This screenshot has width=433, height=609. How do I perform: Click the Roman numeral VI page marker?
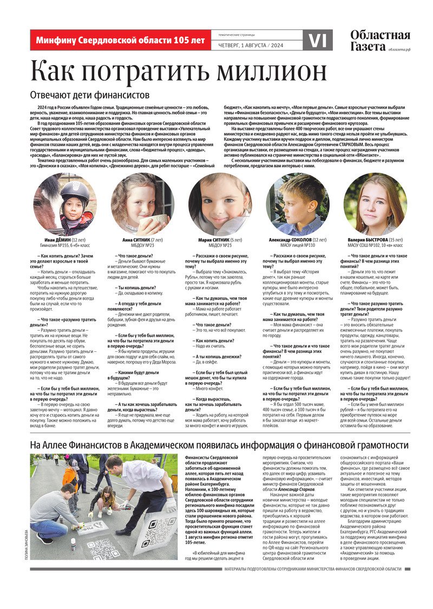coord(318,40)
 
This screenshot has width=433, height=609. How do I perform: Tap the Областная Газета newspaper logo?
coord(379,41)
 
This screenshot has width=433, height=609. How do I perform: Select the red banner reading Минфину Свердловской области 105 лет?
coord(120,40)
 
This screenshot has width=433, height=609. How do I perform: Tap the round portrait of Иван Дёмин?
coord(65,204)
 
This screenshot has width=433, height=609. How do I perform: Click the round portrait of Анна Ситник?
coord(143,204)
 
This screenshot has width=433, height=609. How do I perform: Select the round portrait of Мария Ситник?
coord(220,204)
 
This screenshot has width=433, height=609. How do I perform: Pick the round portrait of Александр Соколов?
coord(297,204)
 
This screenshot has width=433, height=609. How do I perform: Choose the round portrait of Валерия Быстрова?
coord(375,204)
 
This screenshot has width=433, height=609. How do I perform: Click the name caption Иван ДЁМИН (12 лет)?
coord(65,239)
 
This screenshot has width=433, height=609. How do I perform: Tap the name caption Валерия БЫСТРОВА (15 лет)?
coord(375,239)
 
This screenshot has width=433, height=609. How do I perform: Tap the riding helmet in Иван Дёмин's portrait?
coord(75,192)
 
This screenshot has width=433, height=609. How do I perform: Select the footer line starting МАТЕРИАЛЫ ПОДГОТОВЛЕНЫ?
coord(313,569)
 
